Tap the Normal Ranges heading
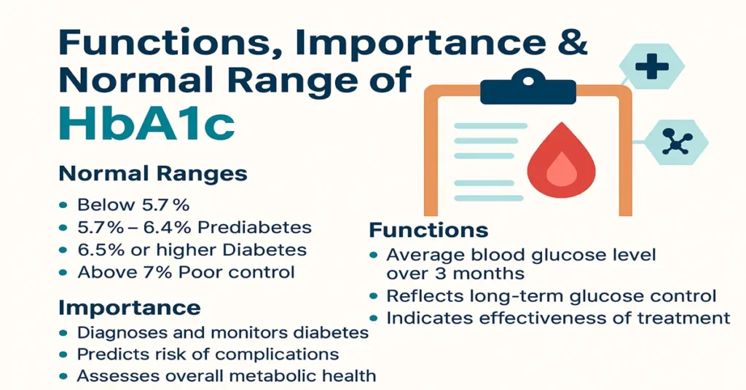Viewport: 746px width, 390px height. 152,175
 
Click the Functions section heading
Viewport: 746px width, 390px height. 428,231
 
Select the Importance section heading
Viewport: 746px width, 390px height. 129,307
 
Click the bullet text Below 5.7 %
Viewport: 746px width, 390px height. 133,204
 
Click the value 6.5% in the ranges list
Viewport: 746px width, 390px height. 99,250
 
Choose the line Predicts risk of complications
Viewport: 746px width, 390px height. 208,354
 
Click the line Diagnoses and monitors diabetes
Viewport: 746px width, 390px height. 222,333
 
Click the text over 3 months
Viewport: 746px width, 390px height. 455,274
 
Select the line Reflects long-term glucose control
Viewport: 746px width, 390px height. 551,296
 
